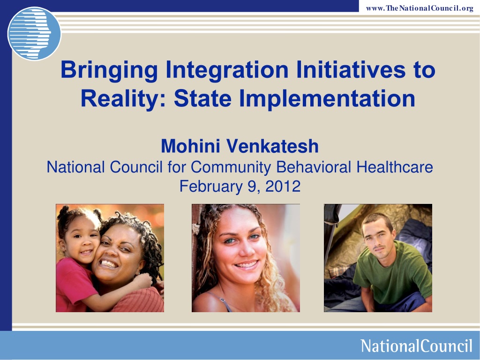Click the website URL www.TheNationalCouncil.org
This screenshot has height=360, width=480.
[x=420, y=8]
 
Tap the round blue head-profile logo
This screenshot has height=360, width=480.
[x=34, y=33]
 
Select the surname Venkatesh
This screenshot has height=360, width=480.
[x=272, y=146]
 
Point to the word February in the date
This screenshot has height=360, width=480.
[x=211, y=187]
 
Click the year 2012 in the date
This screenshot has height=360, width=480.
[x=283, y=186]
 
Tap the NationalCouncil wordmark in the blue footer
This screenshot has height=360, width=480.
[x=416, y=346]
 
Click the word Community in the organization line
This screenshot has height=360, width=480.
[x=231, y=167]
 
